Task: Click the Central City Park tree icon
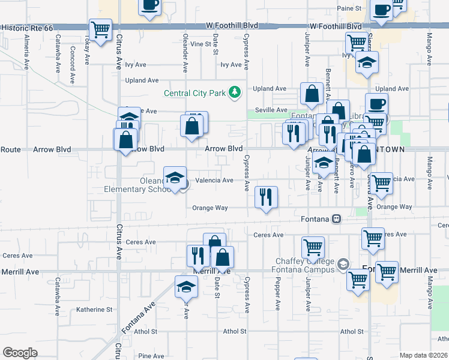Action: pyautogui.click(x=237, y=92)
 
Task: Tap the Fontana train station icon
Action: pyautogui.click(x=337, y=219)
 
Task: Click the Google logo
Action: pyautogui.click(x=20, y=353)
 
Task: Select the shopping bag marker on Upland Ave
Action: pyautogui.click(x=312, y=94)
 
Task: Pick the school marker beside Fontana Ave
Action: pyautogui.click(x=186, y=287)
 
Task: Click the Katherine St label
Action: pyautogui.click(x=94, y=310)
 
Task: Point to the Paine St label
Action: pyautogui.click(x=349, y=8)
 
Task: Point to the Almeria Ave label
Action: pyautogui.click(x=27, y=54)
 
